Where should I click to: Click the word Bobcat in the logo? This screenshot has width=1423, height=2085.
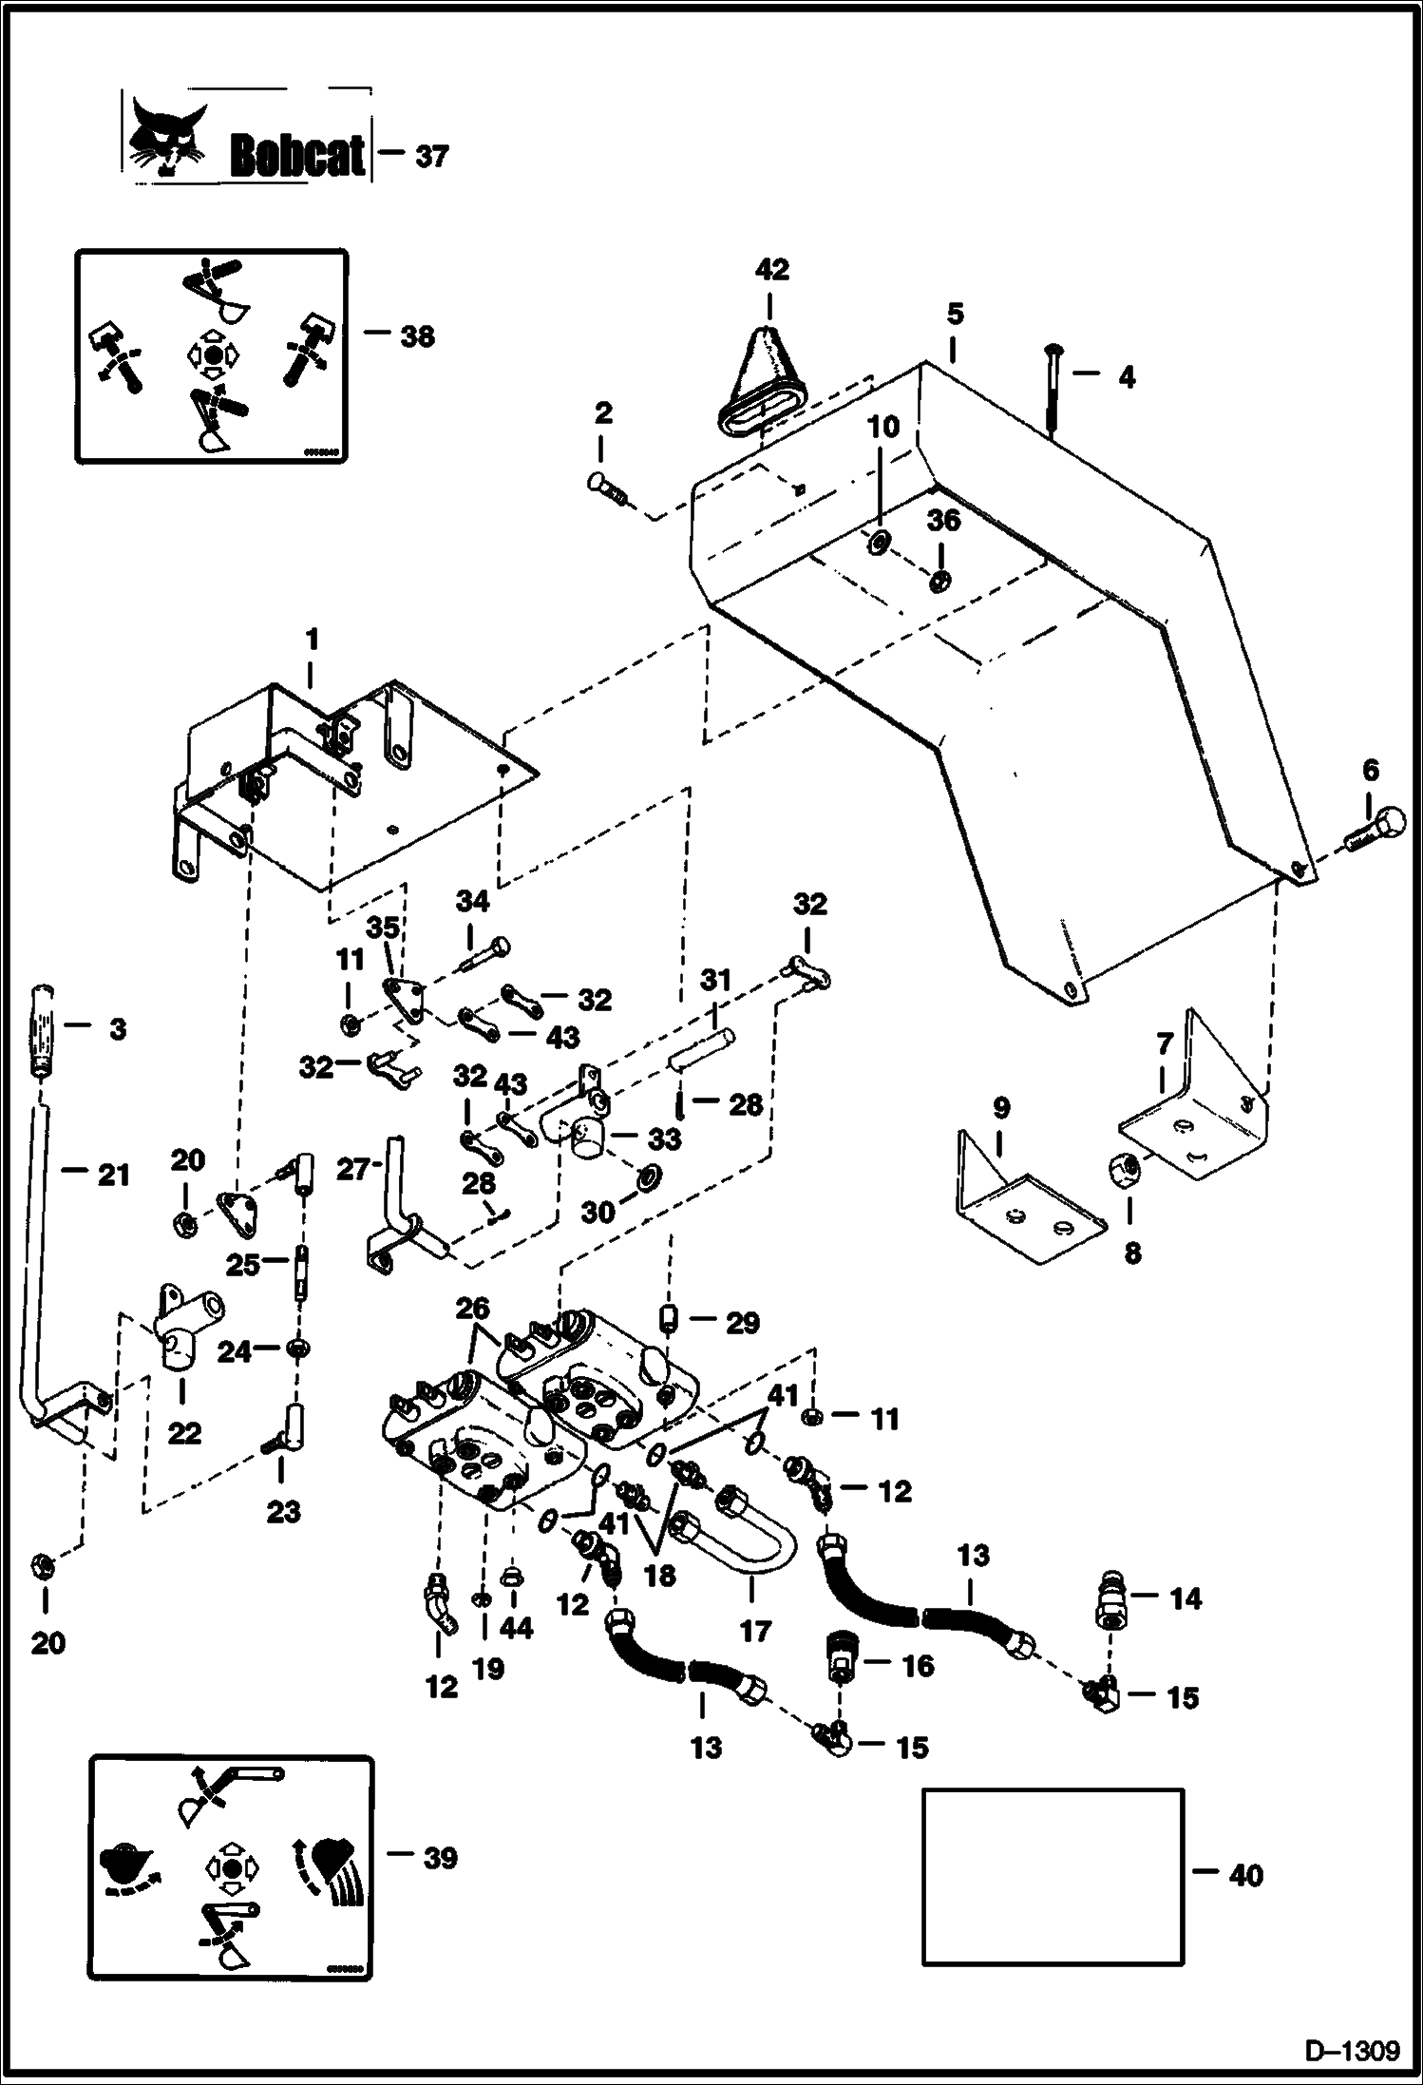[297, 157]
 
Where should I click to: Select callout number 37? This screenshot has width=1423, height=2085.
[431, 156]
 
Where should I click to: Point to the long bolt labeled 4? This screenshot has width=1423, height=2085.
[1053, 389]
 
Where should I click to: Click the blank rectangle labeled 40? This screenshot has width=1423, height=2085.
[1053, 1876]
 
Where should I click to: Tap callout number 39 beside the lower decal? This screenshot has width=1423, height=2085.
[439, 1858]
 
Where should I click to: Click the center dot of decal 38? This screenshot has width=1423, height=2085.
[212, 355]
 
